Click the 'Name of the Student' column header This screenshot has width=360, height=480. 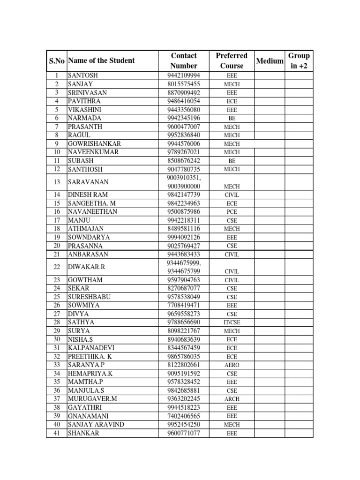(101, 60)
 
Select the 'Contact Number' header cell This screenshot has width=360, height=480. (184, 61)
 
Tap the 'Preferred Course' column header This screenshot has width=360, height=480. (232, 61)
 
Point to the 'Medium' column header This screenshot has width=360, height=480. (270, 61)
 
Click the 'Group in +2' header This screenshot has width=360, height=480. (299, 61)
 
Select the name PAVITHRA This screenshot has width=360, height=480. (84, 101)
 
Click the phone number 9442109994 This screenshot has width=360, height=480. (183, 75)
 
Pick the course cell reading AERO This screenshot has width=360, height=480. (232, 365)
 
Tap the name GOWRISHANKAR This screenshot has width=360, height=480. (94, 144)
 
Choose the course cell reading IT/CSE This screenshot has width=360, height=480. (232, 322)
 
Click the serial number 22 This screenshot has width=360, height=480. (57, 267)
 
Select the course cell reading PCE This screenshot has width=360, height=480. (232, 212)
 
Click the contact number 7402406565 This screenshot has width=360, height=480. (183, 416)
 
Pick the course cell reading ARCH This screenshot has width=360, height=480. (232, 399)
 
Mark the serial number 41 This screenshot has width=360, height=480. (57, 433)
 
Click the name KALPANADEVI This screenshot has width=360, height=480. (91, 348)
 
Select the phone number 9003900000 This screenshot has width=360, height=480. (184, 187)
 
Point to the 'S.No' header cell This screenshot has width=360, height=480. (57, 61)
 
